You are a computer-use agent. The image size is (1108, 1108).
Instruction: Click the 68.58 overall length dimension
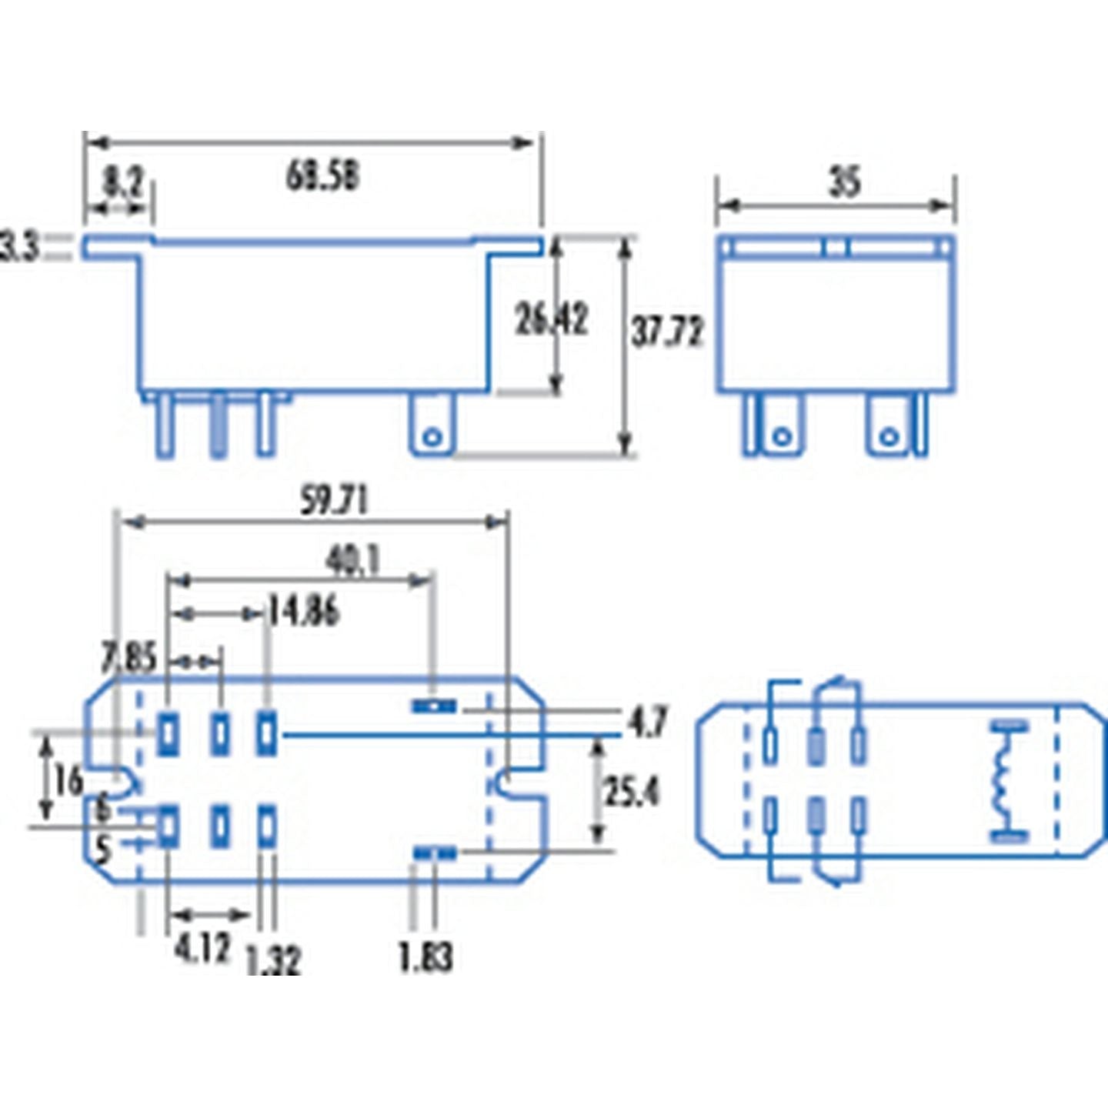click(322, 177)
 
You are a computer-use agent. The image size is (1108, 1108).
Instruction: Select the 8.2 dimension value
click(122, 184)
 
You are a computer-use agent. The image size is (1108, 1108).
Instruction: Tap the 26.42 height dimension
click(551, 319)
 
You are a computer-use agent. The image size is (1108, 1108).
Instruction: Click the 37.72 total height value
click(667, 332)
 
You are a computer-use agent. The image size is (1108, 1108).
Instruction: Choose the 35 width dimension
click(844, 183)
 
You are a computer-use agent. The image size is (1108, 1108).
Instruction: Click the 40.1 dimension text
click(352, 562)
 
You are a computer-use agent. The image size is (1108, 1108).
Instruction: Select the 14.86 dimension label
click(303, 612)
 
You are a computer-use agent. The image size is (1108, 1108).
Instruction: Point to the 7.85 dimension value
click(128, 659)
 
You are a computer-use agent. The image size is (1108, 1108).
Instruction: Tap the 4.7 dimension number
click(647, 722)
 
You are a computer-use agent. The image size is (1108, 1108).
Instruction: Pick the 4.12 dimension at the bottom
click(202, 948)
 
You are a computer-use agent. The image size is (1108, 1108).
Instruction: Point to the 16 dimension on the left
click(68, 781)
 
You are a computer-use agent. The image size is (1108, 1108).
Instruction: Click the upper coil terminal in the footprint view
click(434, 706)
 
